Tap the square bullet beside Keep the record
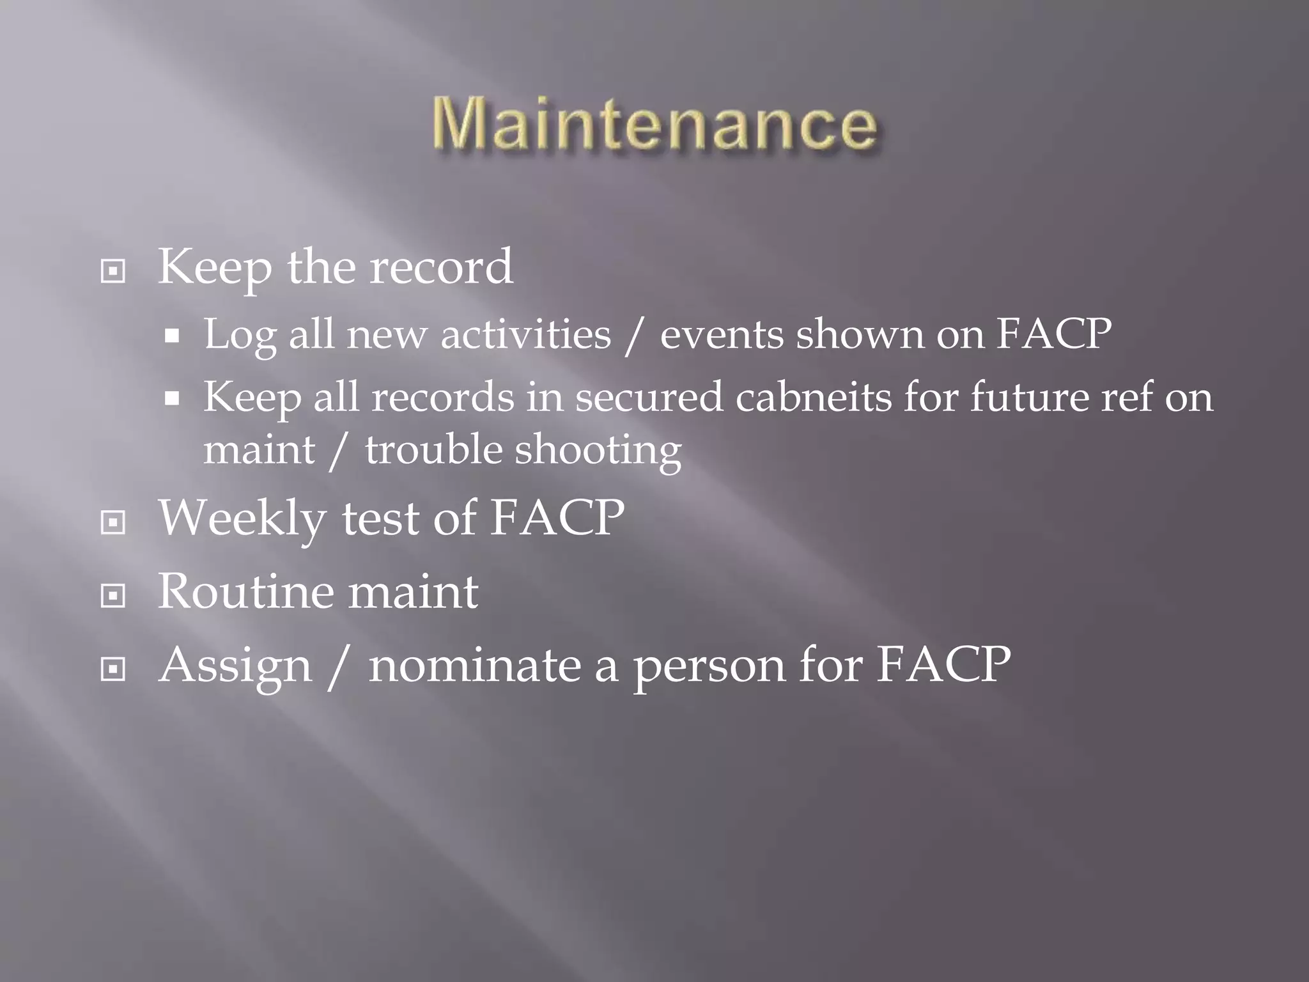click(113, 272)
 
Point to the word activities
click(525, 334)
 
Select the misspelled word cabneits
click(813, 397)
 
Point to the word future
click(1029, 397)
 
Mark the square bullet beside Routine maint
click(113, 596)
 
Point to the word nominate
click(474, 665)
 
